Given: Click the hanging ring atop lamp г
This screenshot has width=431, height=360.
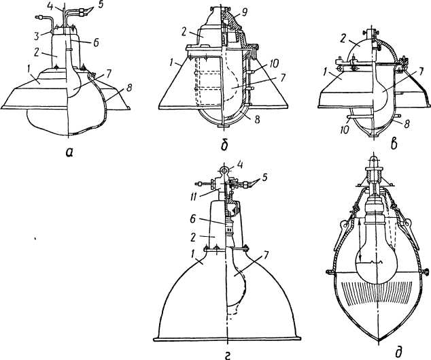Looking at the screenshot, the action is tap(225, 169).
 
